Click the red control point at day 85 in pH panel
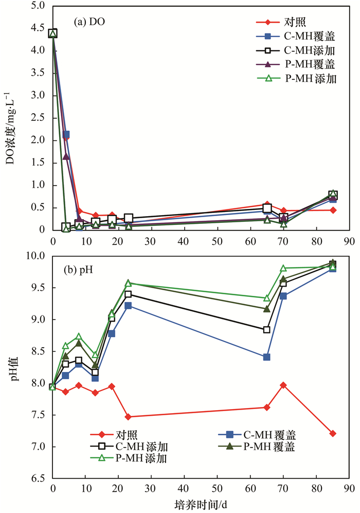[333, 434]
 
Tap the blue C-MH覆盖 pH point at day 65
[266, 357]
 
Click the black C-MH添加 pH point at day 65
[266, 330]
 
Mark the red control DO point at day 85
[333, 210]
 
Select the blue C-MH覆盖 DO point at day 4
[66, 134]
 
